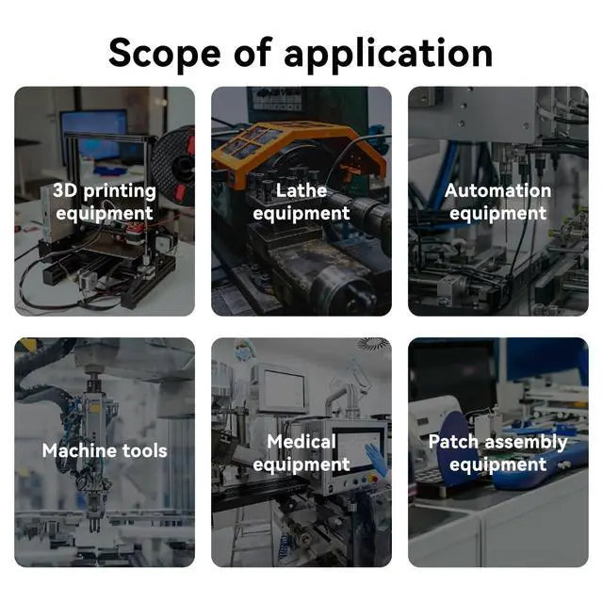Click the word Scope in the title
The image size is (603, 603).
(165, 54)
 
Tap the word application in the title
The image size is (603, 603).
(388, 54)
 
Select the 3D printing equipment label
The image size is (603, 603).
(105, 202)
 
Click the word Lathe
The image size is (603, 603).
(301, 190)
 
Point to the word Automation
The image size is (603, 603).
(498, 190)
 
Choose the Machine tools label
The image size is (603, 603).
(105, 450)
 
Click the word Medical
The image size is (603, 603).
(301, 442)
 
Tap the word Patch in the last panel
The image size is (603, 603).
(453, 442)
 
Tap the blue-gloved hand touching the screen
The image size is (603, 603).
(377, 460)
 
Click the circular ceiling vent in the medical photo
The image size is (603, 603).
(373, 344)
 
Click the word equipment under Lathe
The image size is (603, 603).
(301, 214)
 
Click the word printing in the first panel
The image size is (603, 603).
(120, 191)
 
